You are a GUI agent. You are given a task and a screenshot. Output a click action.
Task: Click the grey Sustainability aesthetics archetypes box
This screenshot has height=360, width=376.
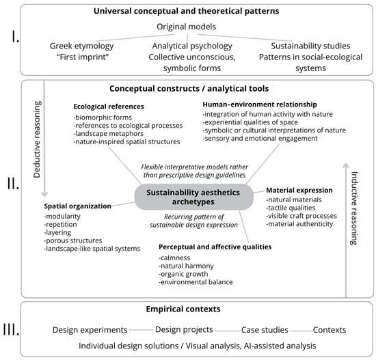[x=193, y=197]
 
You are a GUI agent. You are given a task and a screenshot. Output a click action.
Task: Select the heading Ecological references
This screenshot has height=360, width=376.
[x=109, y=107]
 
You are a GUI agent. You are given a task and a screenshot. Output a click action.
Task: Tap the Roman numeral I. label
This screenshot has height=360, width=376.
[x=15, y=37]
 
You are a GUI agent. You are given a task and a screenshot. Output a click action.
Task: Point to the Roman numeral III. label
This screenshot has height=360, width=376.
[x=11, y=329]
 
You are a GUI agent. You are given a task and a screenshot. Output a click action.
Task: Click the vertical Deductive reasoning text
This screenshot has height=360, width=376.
[x=37, y=139]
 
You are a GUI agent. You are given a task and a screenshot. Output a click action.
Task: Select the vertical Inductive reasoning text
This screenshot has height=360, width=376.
[x=354, y=208]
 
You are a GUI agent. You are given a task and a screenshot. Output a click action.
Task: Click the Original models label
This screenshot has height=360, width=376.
[x=187, y=27]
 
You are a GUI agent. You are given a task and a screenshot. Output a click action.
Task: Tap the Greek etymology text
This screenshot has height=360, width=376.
[x=82, y=46]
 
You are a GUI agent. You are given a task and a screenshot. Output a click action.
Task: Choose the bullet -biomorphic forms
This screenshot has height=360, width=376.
[x=103, y=117]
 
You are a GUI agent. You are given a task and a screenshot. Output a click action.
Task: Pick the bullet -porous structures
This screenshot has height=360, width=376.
[x=73, y=240]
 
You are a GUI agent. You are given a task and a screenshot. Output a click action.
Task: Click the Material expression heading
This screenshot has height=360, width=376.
[x=299, y=191]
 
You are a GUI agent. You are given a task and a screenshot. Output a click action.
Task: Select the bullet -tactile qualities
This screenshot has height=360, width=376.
[x=291, y=208]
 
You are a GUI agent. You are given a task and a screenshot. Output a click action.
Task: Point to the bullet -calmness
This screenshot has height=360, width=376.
[x=174, y=258]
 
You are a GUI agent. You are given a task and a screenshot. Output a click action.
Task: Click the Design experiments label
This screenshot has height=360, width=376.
[x=90, y=330]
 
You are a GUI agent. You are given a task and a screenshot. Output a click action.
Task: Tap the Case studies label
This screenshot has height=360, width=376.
[x=265, y=330]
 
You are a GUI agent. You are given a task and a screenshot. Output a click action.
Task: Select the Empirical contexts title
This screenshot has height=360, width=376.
[x=183, y=309]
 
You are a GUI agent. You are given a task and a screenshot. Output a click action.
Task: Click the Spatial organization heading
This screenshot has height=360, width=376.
[x=77, y=206]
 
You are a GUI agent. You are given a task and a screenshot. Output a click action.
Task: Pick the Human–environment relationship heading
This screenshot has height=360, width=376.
[x=260, y=105]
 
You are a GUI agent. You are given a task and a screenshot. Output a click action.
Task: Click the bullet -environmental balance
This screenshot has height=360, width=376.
[x=196, y=282]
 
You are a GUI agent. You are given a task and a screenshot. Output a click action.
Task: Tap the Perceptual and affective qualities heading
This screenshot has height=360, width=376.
[x=215, y=247]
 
